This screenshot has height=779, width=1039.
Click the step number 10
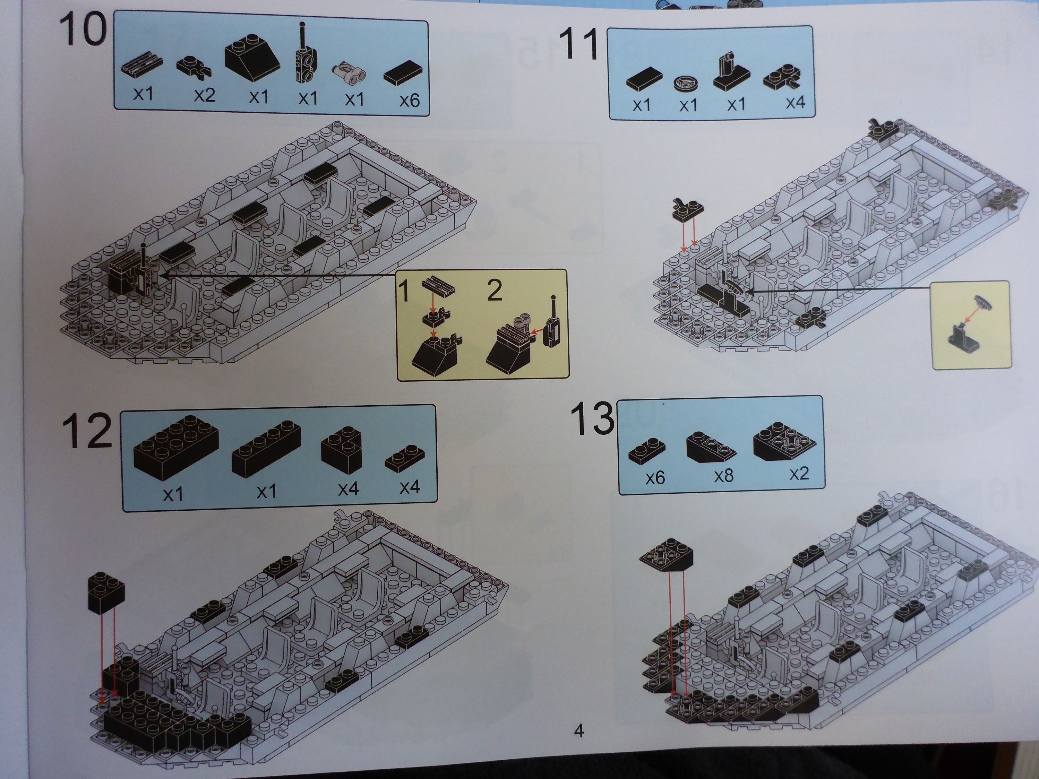[x=83, y=29]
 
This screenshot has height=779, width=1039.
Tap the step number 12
[x=87, y=431]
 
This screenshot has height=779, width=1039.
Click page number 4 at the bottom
[x=579, y=730]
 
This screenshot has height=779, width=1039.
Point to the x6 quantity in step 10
[x=409, y=100]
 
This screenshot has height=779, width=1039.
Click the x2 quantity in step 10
[x=205, y=95]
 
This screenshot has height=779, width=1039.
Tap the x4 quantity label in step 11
[x=795, y=102]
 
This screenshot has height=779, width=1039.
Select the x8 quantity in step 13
[x=723, y=476]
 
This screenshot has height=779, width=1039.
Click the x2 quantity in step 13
[x=799, y=473]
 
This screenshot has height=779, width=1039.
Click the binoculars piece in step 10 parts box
[x=350, y=73]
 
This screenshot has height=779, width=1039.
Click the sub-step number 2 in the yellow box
[x=495, y=290]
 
